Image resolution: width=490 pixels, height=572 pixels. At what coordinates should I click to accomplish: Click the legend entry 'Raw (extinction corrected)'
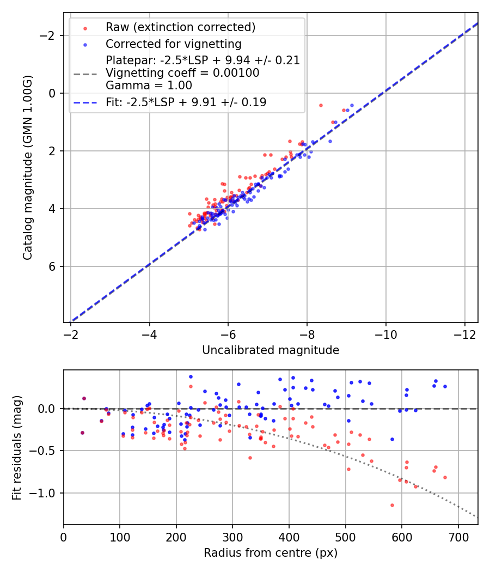pos(180,27)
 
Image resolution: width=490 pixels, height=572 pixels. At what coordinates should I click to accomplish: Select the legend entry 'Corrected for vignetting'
pos(173,44)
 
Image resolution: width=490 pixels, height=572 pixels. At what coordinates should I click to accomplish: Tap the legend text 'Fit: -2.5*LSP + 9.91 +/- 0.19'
pos(186,102)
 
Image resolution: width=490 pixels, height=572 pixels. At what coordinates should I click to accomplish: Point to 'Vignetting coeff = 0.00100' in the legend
pos(182,73)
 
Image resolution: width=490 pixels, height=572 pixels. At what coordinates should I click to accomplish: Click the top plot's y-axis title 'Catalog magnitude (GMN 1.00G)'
pos(28,167)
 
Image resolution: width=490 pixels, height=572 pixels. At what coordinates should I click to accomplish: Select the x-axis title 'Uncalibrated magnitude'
pos(271,350)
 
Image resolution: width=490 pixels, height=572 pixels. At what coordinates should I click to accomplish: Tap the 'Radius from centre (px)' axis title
pos(271,553)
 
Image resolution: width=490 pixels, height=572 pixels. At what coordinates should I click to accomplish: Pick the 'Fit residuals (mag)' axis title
pos(17,447)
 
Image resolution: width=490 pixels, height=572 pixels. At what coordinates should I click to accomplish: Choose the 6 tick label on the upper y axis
pos(53,266)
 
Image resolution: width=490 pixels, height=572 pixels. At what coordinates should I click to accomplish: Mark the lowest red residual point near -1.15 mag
pos(392,505)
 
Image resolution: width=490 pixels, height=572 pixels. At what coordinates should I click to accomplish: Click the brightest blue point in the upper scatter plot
pos(352,105)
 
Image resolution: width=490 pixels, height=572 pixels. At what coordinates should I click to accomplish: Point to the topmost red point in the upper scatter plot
pos(321,105)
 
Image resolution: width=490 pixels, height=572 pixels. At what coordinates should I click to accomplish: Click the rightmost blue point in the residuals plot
pos(445,386)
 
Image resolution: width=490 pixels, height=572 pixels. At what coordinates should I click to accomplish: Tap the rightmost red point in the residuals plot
pos(445,477)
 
